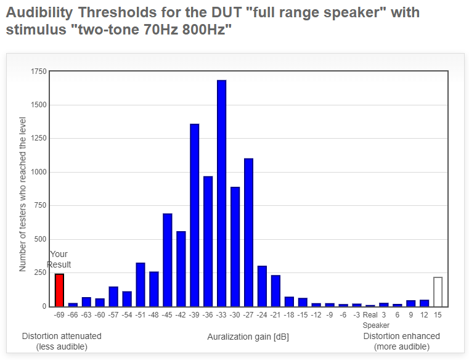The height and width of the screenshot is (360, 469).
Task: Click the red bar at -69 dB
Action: coord(59,290)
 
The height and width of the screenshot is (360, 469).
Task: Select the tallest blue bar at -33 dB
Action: coord(222,194)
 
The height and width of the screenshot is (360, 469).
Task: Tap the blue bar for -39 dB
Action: coord(194,215)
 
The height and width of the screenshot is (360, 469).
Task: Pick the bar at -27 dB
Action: coord(248,232)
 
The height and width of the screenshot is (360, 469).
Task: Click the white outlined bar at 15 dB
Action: coord(438,292)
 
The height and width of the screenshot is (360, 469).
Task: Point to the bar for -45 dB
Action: coord(168,260)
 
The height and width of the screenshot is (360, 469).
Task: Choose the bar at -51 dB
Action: coord(141,285)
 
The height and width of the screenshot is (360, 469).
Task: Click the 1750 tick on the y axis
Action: coord(39,72)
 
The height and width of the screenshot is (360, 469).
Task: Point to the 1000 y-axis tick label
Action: coord(39,172)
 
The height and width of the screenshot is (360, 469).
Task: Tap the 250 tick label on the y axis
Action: coord(41,272)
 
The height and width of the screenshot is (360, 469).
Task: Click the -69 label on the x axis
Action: coord(59,315)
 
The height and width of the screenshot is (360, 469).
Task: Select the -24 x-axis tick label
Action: coord(262,315)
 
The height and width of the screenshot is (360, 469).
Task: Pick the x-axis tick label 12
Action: coord(424,315)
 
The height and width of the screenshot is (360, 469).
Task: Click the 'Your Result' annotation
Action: coord(59,259)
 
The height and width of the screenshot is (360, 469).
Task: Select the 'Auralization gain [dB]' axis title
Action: coord(248,337)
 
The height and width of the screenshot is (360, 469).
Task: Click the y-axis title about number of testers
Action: coord(22,194)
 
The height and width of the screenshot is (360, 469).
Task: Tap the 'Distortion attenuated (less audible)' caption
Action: coord(62,341)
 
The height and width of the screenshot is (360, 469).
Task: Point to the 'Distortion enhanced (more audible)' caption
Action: coord(401,341)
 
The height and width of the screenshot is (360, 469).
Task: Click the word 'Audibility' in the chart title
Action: coord(39,12)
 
